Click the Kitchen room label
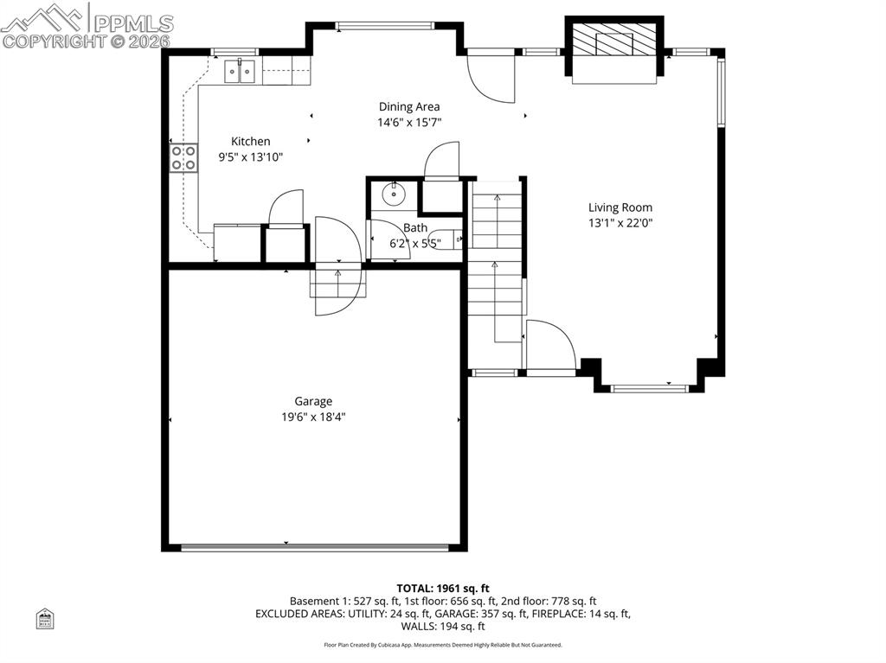(x=250, y=142)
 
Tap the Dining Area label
(x=408, y=107)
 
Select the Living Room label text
(x=620, y=207)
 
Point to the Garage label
(x=313, y=401)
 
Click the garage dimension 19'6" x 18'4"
(x=313, y=417)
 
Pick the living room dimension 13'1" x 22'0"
(x=620, y=223)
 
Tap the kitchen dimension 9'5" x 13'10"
(x=250, y=157)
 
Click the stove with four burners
(x=183, y=158)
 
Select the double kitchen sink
(x=241, y=73)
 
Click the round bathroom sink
(x=394, y=193)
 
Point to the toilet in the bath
(x=447, y=239)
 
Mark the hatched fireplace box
(x=614, y=40)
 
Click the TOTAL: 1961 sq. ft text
(x=443, y=588)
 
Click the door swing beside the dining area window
(x=491, y=78)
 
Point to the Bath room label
(x=414, y=228)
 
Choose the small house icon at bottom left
(x=45, y=618)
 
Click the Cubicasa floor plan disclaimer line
(x=443, y=645)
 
